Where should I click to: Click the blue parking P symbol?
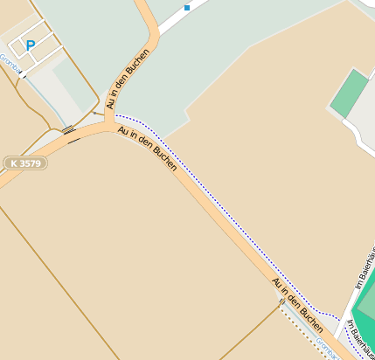(x=31, y=45)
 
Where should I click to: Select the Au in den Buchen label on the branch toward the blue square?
(x=128, y=79)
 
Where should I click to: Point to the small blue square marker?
(x=186, y=7)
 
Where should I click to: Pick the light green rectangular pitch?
(x=350, y=93)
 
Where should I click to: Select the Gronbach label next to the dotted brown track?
(x=326, y=347)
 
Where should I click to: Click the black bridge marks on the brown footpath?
(x=68, y=130)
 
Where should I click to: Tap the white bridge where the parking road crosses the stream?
(x=21, y=75)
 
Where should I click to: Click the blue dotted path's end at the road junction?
(x=116, y=115)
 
